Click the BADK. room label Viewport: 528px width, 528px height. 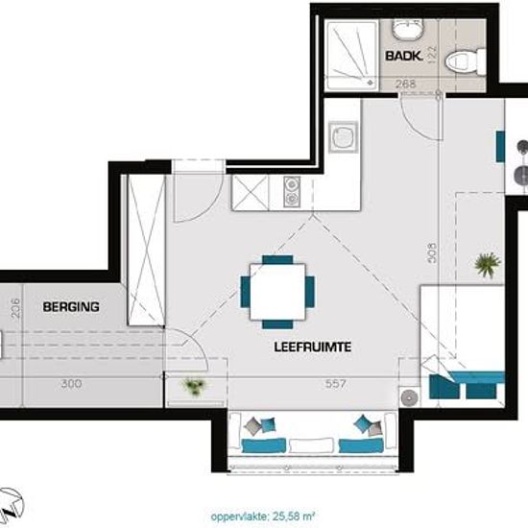[403, 56]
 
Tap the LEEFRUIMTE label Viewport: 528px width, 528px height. [313, 347]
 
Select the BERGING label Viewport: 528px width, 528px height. [71, 307]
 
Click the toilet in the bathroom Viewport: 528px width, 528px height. [465, 62]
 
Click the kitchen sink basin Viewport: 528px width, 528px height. [344, 137]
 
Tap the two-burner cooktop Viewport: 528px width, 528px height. [292, 192]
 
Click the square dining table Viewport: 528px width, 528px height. [277, 292]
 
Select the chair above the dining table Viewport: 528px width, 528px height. [277, 259]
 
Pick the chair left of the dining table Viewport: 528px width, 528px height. [245, 292]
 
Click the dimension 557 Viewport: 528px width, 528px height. [335, 384]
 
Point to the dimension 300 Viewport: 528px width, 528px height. [71, 384]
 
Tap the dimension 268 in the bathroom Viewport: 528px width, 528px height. [406, 84]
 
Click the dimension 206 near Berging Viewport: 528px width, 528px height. [15, 308]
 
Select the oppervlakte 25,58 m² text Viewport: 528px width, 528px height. [263, 516]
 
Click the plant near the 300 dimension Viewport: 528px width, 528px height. [193, 386]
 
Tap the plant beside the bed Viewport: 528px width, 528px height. [488, 265]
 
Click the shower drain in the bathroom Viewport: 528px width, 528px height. [371, 82]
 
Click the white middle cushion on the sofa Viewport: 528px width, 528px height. [311, 445]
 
